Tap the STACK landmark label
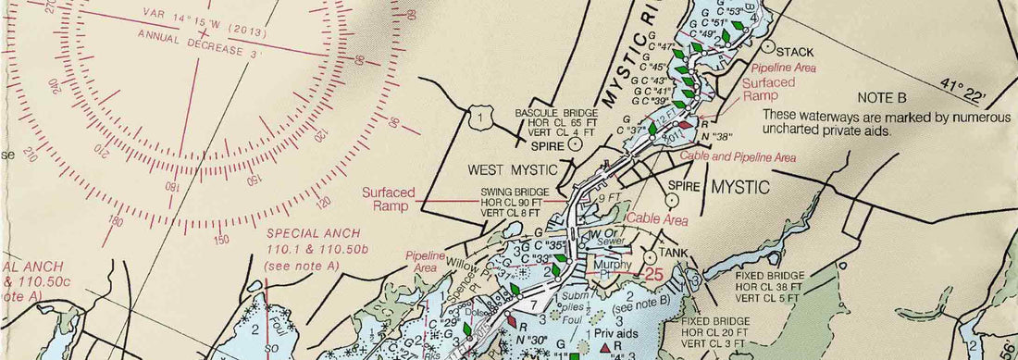[x=795, y=51]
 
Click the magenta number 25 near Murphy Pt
[x=655, y=275]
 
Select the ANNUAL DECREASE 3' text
[x=200, y=43]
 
